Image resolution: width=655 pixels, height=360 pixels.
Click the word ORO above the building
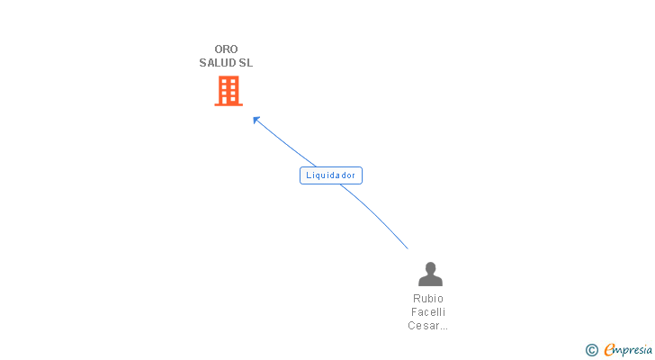pos(226,49)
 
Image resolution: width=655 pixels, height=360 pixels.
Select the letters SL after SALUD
pos(246,63)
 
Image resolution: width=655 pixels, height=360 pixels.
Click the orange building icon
pos(229,90)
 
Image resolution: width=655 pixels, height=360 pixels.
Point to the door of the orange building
pos(229,100)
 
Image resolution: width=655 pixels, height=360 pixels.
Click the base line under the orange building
pos(229,104)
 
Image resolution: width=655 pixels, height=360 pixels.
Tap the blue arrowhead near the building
pos(256,120)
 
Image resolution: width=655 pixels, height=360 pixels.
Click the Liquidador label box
pos(331,175)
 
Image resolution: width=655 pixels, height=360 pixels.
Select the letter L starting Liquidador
pos(309,175)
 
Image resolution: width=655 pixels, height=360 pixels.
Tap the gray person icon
pos(430,274)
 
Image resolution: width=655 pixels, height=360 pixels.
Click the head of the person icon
pos(430,267)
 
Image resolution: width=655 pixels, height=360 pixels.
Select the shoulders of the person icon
pos(430,281)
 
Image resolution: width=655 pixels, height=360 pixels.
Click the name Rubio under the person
pos(428,299)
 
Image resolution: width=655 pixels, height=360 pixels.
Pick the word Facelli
pos(428,312)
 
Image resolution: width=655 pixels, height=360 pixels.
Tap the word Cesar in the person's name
pos(422,326)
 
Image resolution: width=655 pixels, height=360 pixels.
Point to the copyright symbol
pos(591,350)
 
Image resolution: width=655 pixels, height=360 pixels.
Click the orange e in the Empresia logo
pos(609,350)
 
